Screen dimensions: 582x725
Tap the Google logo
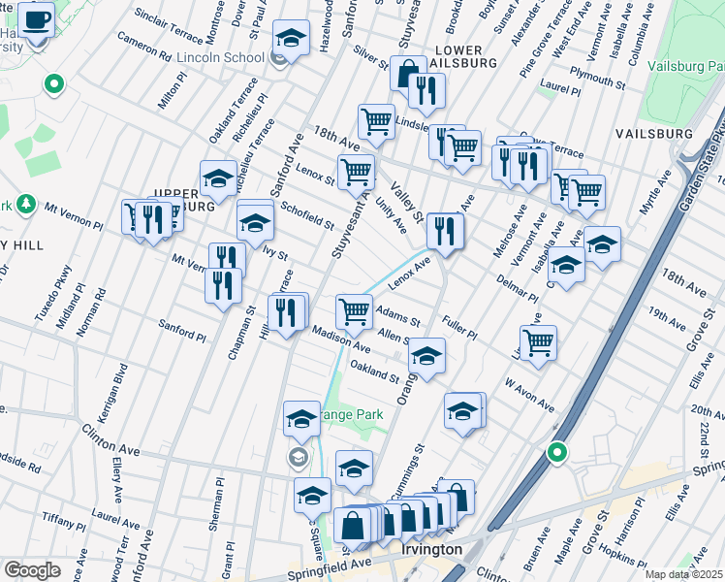[32, 569]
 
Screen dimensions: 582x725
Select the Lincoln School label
[220, 57]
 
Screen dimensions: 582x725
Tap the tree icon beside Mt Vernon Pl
[28, 205]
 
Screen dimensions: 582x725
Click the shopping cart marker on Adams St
[354, 311]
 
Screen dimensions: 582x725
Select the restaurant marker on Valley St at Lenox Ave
[444, 231]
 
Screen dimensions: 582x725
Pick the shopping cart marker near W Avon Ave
[538, 341]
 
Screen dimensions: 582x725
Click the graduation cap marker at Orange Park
[301, 419]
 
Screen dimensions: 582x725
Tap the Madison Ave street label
[341, 339]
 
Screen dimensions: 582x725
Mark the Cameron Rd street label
[143, 48]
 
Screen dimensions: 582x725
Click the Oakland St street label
[374, 371]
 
